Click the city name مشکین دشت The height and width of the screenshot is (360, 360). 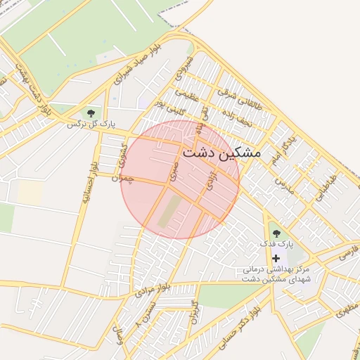(x=221, y=152)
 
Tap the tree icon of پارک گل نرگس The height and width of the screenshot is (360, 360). (x=91, y=112)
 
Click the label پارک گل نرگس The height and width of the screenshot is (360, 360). (x=91, y=124)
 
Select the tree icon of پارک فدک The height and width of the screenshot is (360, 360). (x=276, y=232)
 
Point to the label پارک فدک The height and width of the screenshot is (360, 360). (x=276, y=244)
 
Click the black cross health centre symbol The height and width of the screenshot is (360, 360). (x=276, y=258)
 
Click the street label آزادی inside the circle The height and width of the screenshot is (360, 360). (x=208, y=181)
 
